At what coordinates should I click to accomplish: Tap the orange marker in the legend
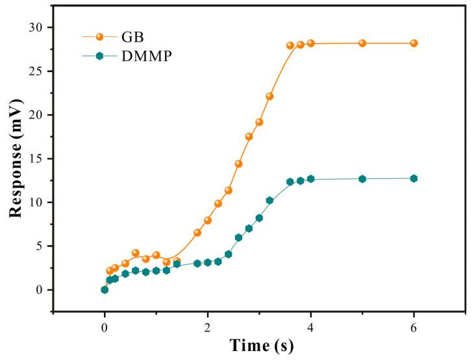point(99,37)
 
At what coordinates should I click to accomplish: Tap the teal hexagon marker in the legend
point(99,56)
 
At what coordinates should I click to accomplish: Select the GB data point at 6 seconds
point(414,43)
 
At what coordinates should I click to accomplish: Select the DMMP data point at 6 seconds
point(414,178)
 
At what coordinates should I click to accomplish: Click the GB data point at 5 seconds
point(362,43)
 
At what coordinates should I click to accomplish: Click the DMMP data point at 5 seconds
point(362,178)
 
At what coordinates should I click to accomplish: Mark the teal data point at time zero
point(105,290)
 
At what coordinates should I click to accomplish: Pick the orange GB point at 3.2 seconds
point(269,96)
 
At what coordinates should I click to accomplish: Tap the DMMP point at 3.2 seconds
point(269,200)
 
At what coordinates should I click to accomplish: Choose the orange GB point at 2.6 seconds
point(238,163)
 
